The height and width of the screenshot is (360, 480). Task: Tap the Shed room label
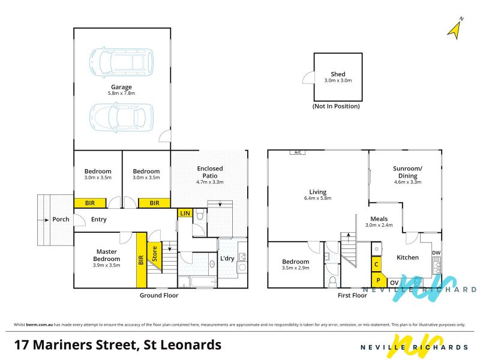tap(338, 74)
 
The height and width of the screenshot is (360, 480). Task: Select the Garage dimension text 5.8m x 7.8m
tap(121, 93)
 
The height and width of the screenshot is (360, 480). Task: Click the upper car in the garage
tap(122, 62)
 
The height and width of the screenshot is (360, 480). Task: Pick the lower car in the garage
tap(122, 117)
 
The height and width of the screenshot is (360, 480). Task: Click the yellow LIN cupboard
tap(185, 213)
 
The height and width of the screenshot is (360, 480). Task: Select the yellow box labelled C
tap(376, 264)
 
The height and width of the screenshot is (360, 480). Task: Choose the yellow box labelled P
tap(379, 280)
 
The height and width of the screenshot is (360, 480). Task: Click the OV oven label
tap(394, 283)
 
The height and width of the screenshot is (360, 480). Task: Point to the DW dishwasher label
tap(436, 253)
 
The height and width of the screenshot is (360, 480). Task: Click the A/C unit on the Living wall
tap(298, 152)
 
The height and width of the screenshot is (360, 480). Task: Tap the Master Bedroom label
tap(107, 255)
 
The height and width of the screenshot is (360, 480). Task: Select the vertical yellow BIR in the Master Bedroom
tap(141, 260)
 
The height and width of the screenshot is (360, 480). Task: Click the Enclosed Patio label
tap(210, 172)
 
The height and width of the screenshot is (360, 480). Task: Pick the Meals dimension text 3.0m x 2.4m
tap(379, 225)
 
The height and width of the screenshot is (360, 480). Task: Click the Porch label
tap(61, 219)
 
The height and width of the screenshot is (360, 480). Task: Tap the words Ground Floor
tap(159, 295)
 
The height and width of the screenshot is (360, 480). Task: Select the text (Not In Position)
tap(336, 106)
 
